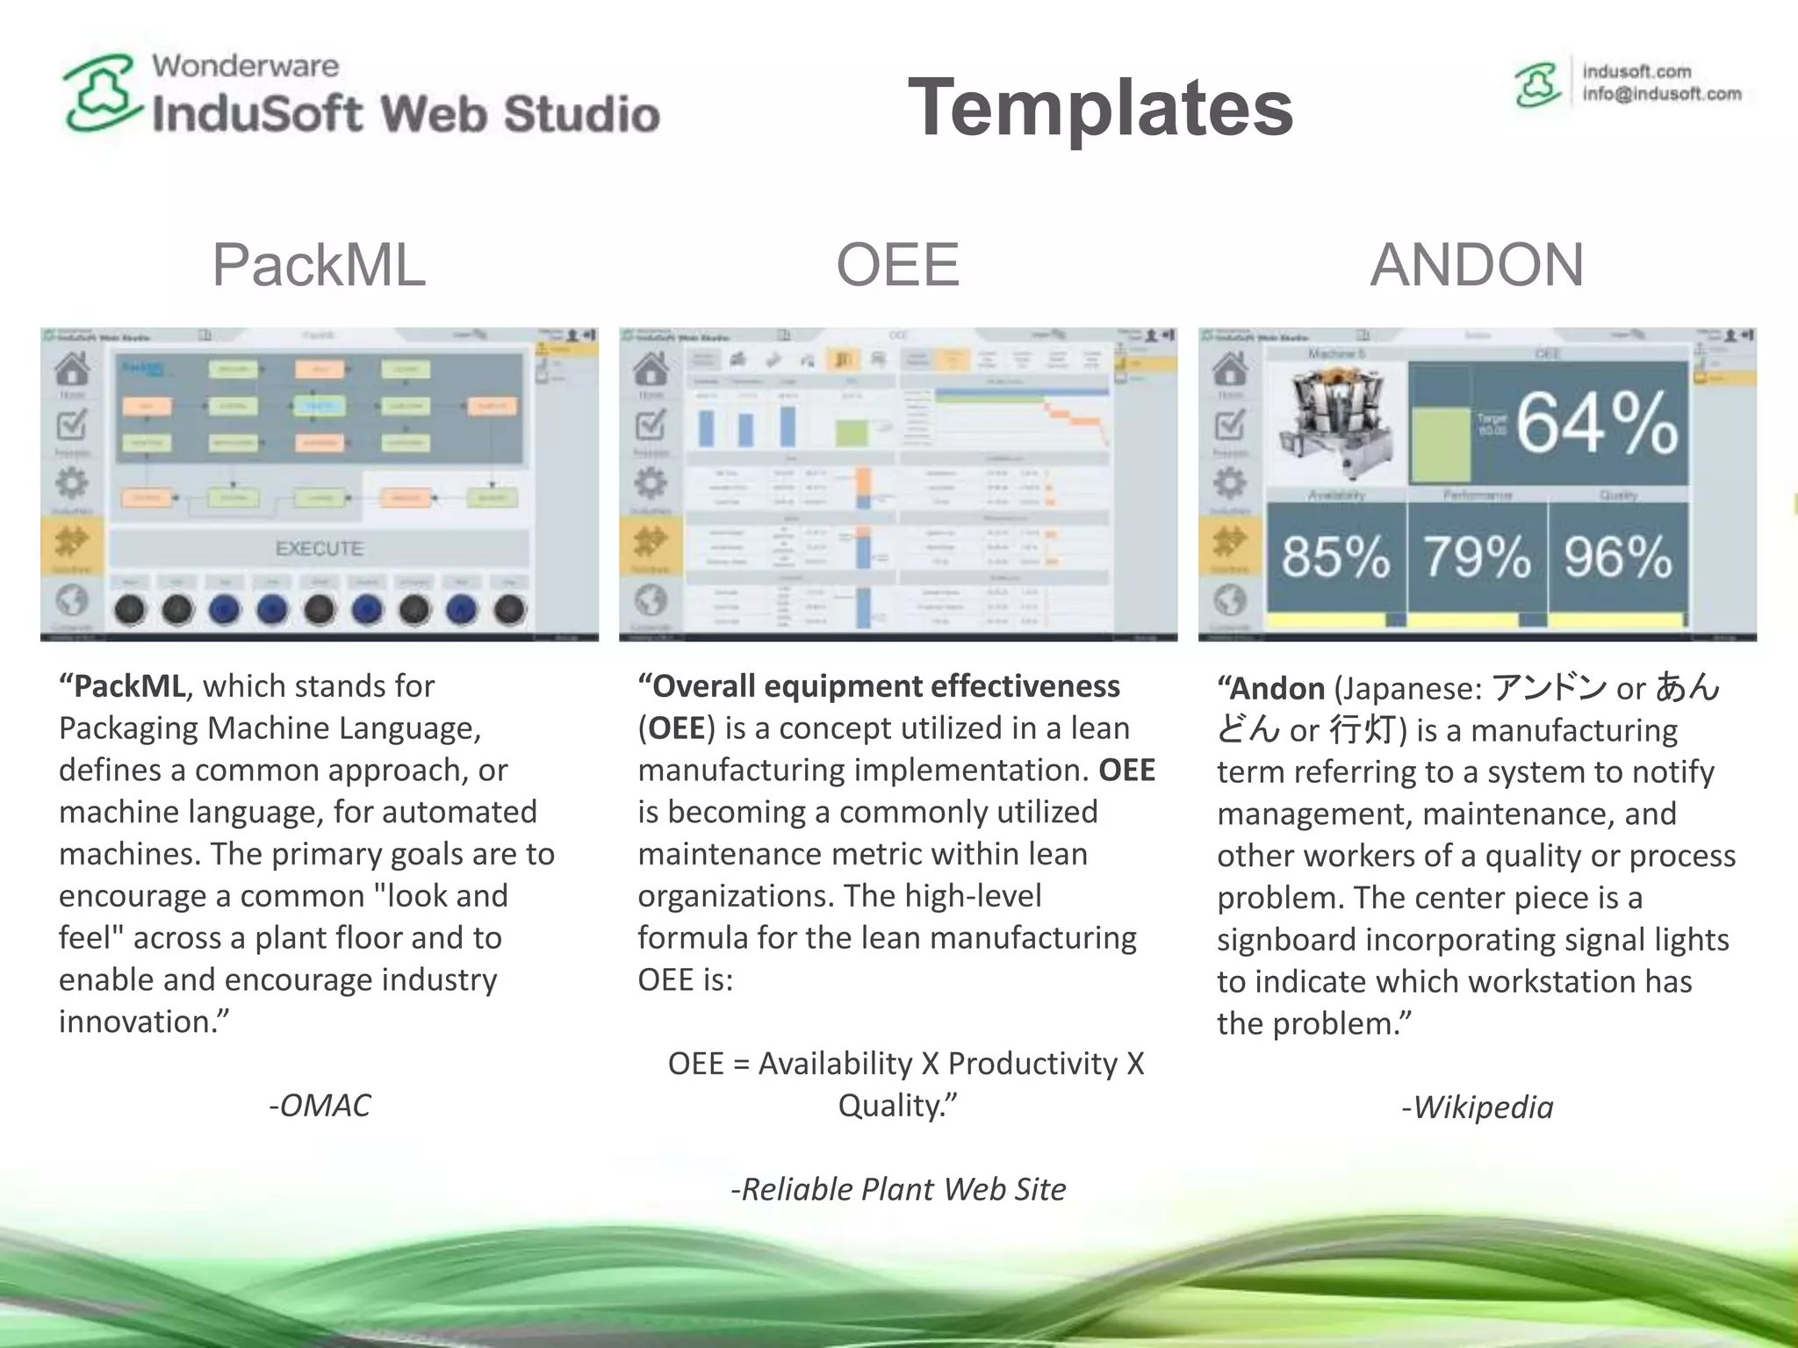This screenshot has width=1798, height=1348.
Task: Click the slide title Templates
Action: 1100,107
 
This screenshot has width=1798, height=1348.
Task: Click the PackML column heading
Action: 319,264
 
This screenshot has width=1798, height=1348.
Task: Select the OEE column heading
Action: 897,264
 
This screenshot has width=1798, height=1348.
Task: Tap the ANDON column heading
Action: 1477,264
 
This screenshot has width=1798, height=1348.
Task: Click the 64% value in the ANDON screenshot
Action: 1596,424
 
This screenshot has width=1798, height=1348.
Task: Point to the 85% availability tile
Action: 1335,556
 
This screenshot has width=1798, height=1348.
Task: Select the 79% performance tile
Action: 1477,556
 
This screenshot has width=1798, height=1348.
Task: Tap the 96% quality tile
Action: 1617,556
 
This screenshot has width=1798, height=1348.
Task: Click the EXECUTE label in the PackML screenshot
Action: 319,549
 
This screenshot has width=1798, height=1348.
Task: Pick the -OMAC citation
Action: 320,1105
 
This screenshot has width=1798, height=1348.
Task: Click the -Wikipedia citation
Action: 1477,1107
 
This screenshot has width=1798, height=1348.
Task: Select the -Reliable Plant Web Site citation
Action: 898,1188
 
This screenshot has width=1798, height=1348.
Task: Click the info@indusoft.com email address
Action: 1661,94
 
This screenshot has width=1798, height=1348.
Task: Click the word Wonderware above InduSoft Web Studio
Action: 245,66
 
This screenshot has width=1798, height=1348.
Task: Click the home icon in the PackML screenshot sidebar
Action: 72,369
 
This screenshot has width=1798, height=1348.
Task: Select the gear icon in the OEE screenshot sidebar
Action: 651,483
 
